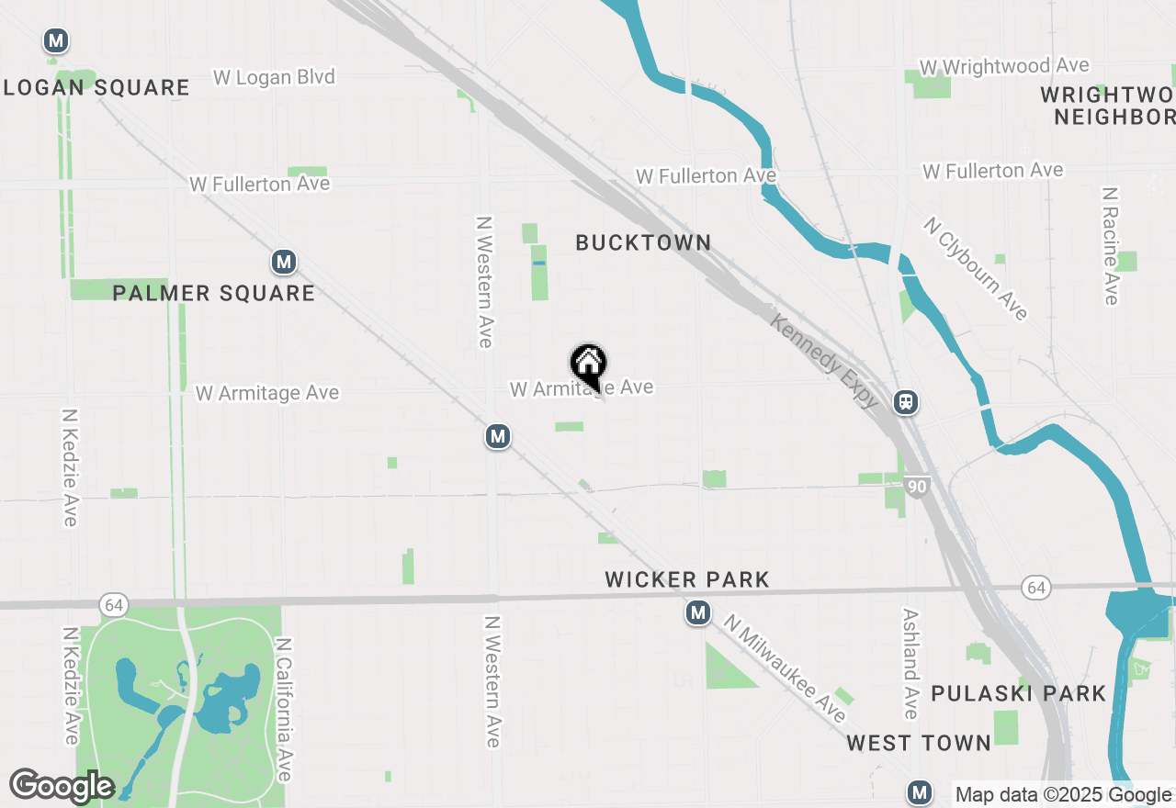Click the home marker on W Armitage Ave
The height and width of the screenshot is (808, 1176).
tap(588, 365)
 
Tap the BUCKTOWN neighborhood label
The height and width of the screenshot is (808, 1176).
tap(643, 242)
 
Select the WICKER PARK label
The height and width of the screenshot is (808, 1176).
tap(687, 579)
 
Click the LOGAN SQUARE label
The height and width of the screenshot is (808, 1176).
tap(96, 88)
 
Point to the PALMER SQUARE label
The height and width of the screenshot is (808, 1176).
tap(214, 293)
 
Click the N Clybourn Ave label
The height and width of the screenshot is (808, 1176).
tap(976, 268)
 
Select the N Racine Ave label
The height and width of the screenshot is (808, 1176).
tap(1111, 246)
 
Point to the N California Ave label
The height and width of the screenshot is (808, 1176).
tap(283, 710)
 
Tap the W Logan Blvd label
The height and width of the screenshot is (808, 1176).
tap(274, 77)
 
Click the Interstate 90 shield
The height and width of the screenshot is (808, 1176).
tap(916, 487)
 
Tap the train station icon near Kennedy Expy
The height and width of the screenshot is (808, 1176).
tap(906, 401)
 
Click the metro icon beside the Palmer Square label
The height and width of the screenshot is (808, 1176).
tap(284, 263)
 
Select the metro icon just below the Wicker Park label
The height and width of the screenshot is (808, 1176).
tap(698, 612)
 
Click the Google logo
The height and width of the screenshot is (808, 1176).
tap(62, 786)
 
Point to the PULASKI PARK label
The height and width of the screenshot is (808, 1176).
tap(1019, 693)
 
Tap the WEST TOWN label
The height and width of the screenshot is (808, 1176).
tap(919, 743)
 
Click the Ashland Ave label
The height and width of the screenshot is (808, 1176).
tap(910, 664)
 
